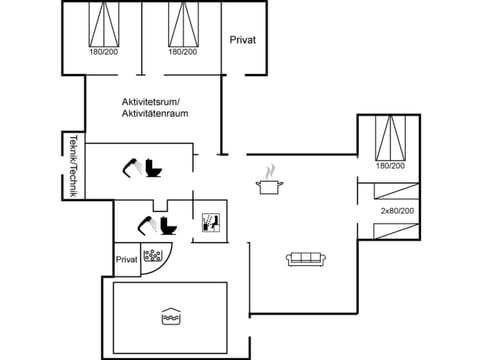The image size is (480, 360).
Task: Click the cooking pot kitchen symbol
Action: click(267, 182)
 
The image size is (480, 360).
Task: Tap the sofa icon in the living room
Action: click(303, 259)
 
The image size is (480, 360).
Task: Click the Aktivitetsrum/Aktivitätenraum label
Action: click(155, 108)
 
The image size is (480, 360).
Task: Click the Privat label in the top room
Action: click(243, 40)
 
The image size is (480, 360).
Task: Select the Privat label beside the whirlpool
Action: click(126, 259)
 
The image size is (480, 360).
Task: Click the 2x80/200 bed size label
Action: click(397, 211)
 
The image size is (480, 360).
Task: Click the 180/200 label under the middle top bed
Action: click(181, 52)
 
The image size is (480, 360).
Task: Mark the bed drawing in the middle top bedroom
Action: click(181, 22)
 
